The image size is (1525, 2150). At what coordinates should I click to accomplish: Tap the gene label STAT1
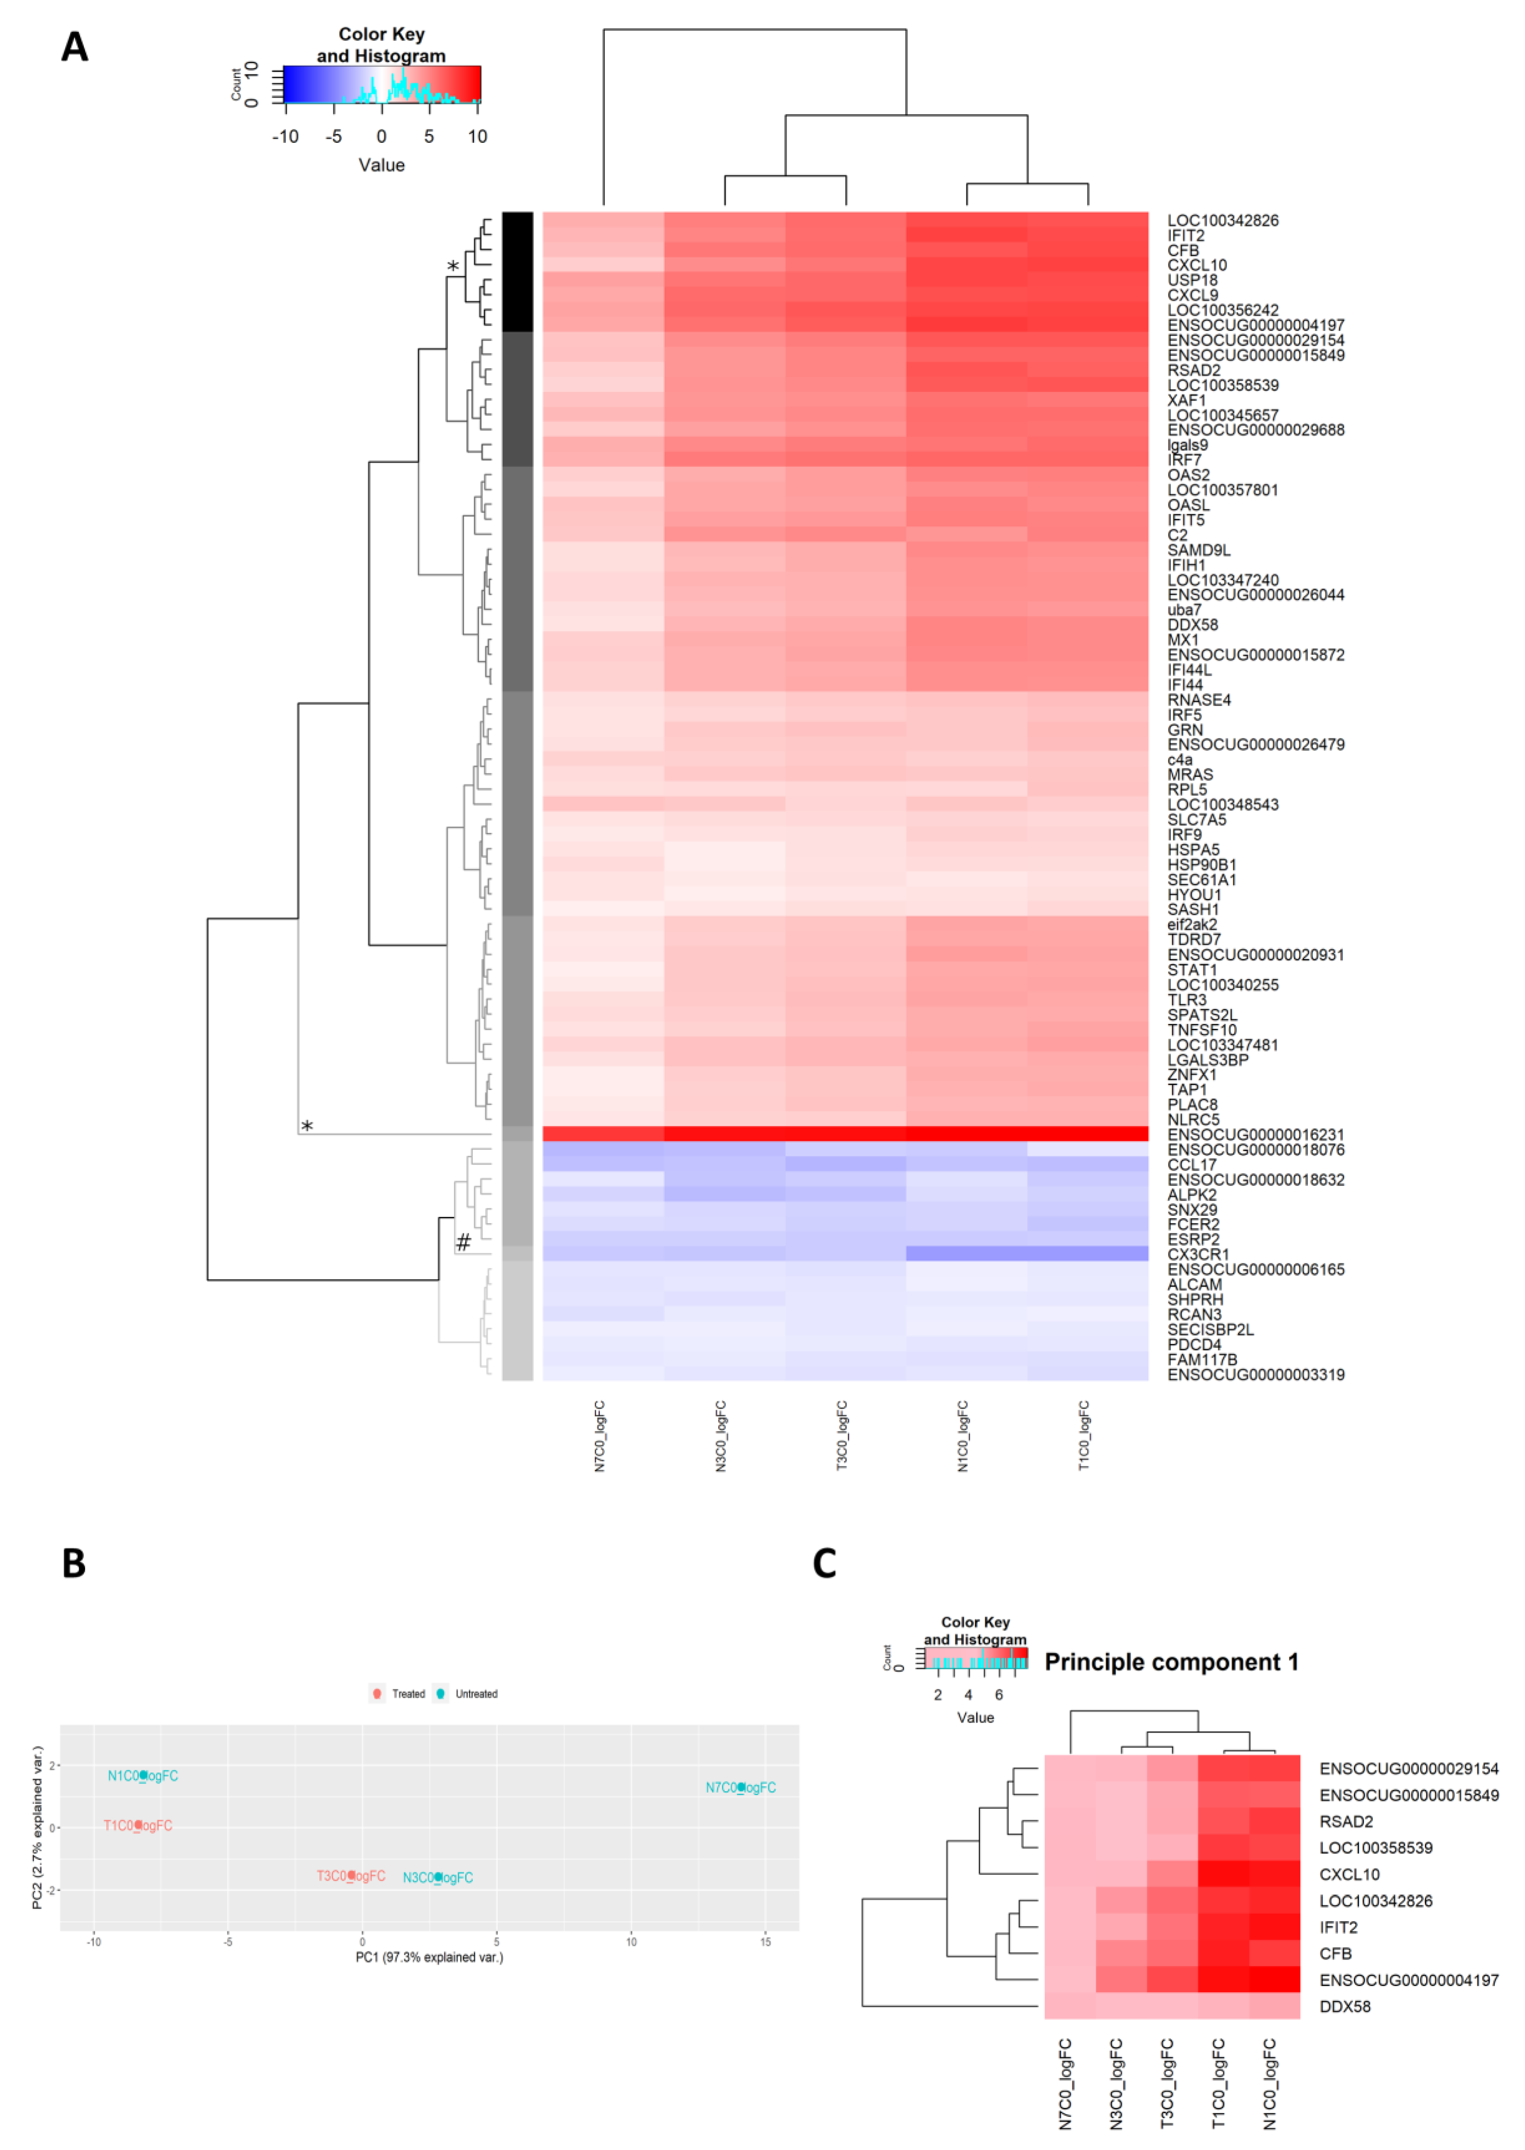(1192, 970)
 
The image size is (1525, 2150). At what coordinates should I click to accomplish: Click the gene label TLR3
(1187, 1000)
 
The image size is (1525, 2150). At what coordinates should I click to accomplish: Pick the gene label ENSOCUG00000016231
(1256, 1135)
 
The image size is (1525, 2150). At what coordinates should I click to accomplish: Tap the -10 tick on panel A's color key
(286, 137)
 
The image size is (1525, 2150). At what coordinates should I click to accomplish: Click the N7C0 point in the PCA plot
(741, 1788)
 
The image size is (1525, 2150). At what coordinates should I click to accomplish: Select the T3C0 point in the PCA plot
(351, 1876)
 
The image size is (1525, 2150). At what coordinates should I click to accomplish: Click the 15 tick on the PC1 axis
(765, 1942)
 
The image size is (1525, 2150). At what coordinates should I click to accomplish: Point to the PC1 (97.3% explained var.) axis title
(429, 1957)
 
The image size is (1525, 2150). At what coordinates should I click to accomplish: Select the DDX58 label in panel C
(1345, 2006)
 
